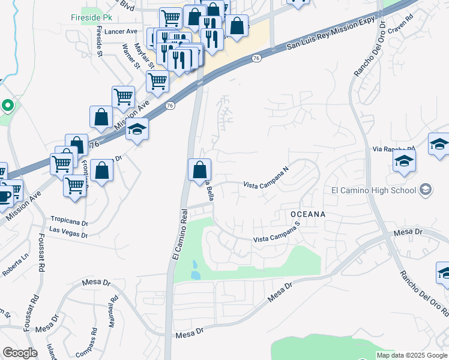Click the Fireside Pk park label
87,17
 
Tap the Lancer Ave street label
121,32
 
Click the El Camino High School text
373,191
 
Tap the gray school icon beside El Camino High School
426,190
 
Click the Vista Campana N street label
267,178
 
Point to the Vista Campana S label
276,233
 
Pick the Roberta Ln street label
15,265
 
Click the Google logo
19,353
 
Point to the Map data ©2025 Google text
412,355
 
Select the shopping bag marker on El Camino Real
199,170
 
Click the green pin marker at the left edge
7,106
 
